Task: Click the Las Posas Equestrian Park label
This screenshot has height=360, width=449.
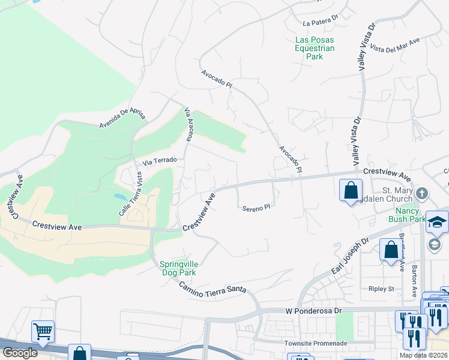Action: coord(314,48)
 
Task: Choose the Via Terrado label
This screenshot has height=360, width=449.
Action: coord(159,161)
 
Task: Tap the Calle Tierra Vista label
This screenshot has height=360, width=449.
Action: coord(130,194)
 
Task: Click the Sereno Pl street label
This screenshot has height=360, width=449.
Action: coord(257,209)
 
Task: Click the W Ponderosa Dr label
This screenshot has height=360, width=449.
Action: coord(312,311)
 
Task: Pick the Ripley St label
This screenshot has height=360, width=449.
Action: coord(381,289)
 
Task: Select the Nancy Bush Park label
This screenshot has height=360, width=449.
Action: coord(411,215)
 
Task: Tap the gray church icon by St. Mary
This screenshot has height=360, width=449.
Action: coord(422,193)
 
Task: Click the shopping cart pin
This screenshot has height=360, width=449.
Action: coord(43,331)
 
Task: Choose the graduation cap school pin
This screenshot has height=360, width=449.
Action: coord(437,221)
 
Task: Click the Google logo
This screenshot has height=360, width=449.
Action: coord(20,353)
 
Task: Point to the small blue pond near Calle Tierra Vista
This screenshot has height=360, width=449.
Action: coord(120,197)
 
